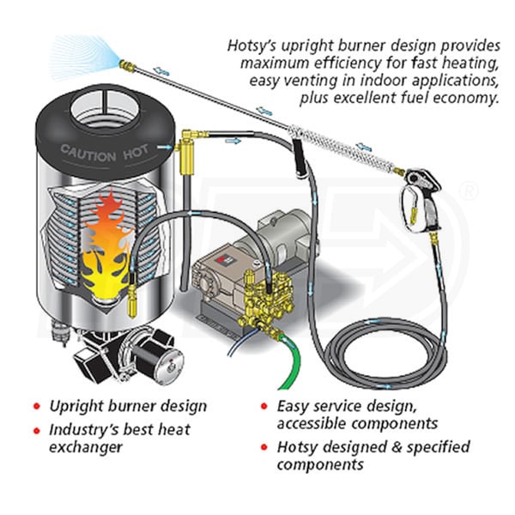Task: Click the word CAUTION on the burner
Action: point(87,153)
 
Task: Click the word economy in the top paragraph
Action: point(467,98)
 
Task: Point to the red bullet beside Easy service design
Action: point(262,406)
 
